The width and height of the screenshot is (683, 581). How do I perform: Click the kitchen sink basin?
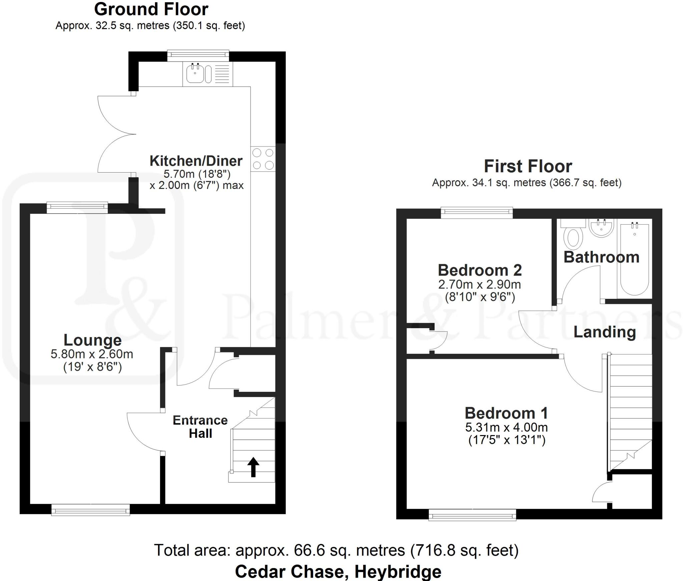pos(195,74)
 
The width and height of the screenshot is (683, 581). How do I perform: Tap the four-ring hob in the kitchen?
pos(263,159)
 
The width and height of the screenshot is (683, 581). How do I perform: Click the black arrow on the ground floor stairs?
pos(253,467)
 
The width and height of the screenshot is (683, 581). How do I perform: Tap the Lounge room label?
pos(92,340)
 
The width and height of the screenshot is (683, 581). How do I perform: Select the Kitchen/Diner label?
pos(196,161)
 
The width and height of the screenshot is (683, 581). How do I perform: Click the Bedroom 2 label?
pos(480,270)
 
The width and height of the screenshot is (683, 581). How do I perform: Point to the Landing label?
pos(604,332)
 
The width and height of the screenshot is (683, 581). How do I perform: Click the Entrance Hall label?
pos(200,427)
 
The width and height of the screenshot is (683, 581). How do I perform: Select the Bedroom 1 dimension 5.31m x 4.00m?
pos(506,427)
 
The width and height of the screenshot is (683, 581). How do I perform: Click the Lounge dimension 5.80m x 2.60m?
pos(92,354)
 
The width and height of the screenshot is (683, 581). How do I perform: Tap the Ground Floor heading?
pos(151,9)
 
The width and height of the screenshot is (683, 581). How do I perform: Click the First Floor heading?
pos(528,166)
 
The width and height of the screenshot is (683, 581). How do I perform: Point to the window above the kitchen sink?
pos(198,56)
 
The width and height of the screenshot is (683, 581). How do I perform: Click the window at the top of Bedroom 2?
pos(477,213)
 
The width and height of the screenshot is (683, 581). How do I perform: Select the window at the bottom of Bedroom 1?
pos(472,515)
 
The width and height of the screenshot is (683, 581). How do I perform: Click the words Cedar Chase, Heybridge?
pos(338,571)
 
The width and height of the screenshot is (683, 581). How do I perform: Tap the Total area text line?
pos(336,550)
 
